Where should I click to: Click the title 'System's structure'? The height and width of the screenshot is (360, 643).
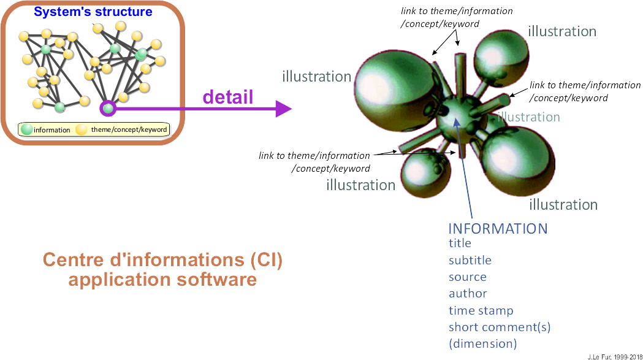93,12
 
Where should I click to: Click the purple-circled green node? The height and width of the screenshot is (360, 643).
108,109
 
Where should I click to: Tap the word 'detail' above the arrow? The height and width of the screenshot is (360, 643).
227,96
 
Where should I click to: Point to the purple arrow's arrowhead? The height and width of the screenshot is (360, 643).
283,109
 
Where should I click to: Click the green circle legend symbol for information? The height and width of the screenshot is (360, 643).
26,129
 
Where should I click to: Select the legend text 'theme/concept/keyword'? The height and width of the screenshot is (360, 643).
129,129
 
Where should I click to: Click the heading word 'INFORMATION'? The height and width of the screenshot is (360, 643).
498,229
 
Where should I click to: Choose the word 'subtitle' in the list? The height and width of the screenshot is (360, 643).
470,260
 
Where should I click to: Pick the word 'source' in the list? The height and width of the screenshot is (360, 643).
467,277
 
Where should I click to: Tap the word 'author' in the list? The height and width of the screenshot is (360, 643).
468,294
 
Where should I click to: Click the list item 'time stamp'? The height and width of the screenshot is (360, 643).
481,310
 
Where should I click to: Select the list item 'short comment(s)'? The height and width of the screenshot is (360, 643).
499,327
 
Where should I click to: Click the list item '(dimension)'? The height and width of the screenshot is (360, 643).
482,343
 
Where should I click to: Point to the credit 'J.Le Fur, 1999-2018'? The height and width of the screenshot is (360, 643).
610,356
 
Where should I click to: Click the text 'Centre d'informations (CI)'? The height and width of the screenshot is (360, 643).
162,260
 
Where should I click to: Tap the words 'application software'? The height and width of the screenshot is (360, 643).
162,280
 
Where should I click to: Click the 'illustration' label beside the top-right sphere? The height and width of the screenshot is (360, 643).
561,31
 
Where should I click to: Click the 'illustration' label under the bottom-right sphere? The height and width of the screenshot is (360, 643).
563,204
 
